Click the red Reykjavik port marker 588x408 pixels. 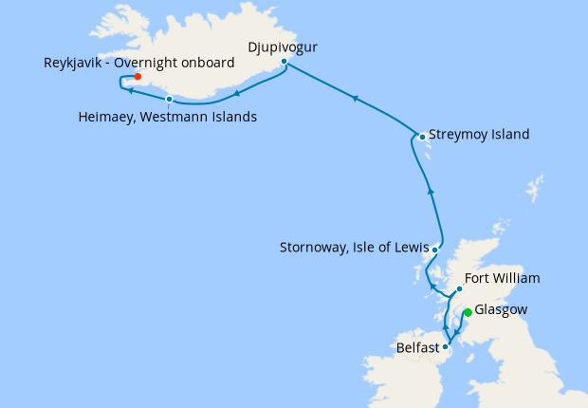[x=138, y=76]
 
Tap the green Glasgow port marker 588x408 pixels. [x=467, y=312]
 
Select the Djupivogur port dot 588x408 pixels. [x=284, y=62]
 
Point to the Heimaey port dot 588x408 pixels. [x=169, y=99]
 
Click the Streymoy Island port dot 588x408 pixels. [x=422, y=137]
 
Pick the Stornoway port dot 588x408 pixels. [x=434, y=250]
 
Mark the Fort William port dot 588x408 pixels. [x=459, y=288]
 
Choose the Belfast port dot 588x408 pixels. [x=446, y=346]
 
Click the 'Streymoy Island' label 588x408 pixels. [x=479, y=135]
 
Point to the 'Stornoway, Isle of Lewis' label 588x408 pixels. [x=354, y=249]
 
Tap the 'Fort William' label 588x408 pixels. [x=503, y=279]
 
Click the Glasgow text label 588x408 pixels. [x=501, y=310]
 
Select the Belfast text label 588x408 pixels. [x=417, y=347]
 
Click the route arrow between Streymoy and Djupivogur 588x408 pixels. [x=355, y=98]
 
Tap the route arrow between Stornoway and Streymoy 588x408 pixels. [x=431, y=191]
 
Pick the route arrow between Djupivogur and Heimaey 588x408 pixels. [x=235, y=92]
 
